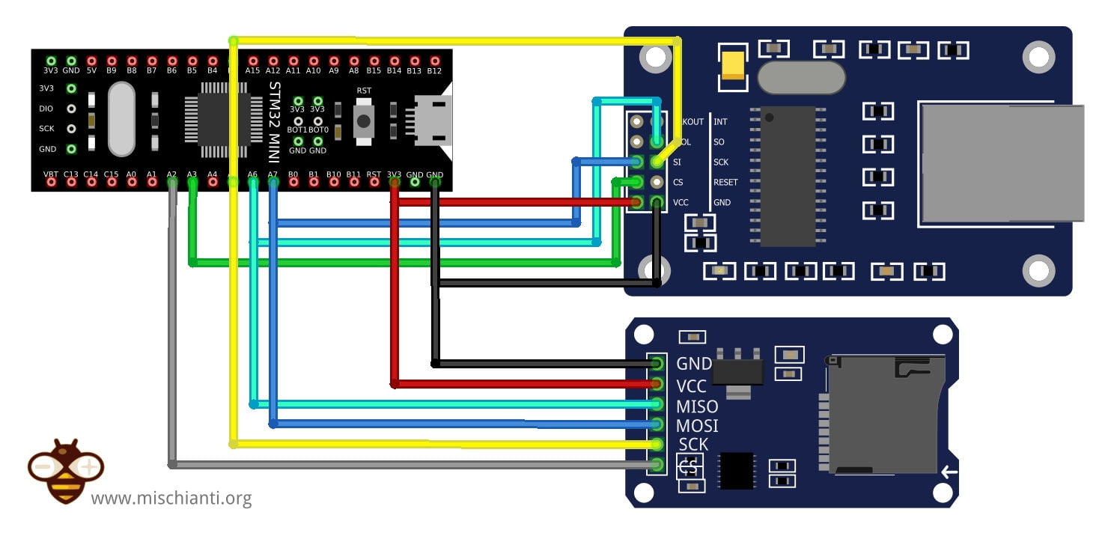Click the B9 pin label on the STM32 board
[112, 71]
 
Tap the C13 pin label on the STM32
[71, 174]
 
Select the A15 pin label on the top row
[252, 71]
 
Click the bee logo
[65, 470]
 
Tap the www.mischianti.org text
[171, 498]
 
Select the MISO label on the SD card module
[696, 406]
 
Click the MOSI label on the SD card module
[696, 426]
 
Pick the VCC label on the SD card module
[691, 386]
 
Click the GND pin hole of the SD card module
[657, 364]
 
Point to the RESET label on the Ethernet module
[725, 182]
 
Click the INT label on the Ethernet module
[719, 121]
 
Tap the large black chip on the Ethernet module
[788, 176]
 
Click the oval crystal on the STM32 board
[121, 119]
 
